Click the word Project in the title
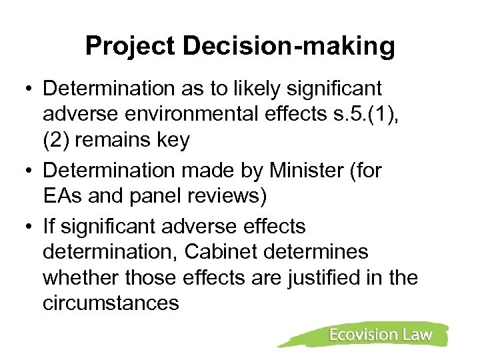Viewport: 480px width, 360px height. point(131,46)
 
